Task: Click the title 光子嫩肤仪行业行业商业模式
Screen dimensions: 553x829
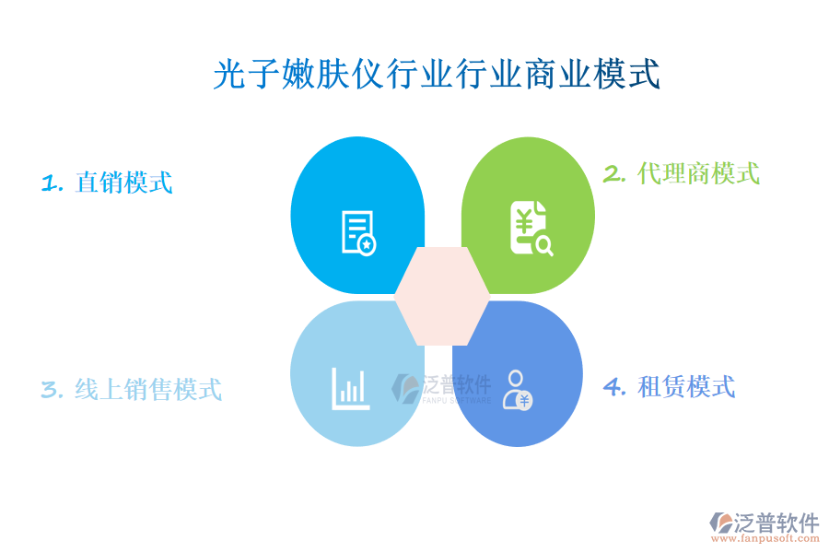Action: [x=437, y=75]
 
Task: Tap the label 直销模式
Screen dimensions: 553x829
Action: [x=123, y=182]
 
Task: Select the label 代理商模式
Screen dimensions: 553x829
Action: [x=698, y=172]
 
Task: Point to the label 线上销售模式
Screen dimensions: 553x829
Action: [x=147, y=389]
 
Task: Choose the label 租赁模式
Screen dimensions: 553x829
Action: [x=686, y=386]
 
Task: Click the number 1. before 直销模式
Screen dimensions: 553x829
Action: [x=53, y=182]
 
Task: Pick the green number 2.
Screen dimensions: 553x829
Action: [x=614, y=173]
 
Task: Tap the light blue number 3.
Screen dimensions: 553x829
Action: [x=52, y=390]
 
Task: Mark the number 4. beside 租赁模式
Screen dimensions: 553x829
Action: [x=614, y=387]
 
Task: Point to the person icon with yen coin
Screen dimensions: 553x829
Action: [x=517, y=389]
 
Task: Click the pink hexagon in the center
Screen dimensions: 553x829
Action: [x=442, y=296]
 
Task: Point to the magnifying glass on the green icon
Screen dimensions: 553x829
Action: [x=543, y=244]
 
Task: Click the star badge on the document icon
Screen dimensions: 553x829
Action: [x=367, y=245]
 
